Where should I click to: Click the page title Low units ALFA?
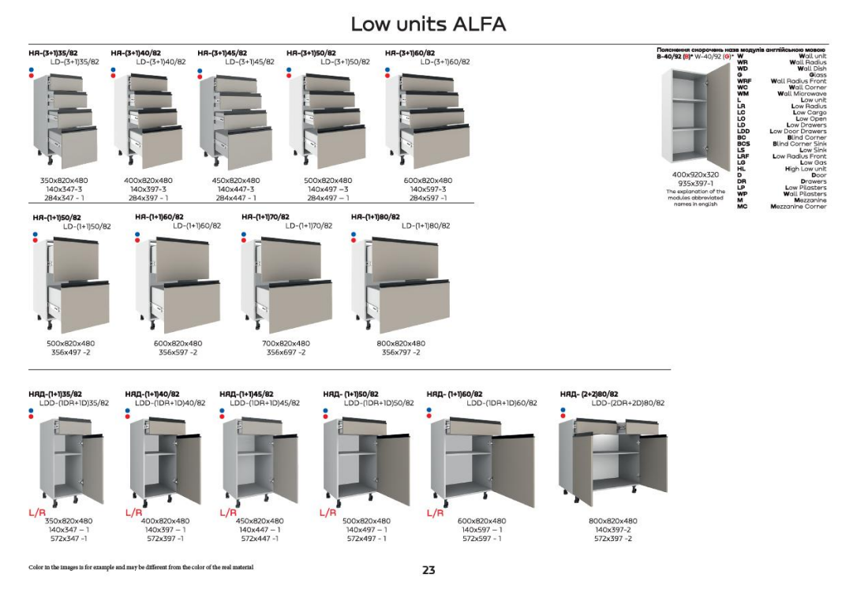pos(428,24)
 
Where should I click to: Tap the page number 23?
pos(428,570)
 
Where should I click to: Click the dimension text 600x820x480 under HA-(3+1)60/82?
pos(428,181)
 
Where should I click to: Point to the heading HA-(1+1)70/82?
pos(265,217)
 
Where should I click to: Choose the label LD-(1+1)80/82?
pos(425,226)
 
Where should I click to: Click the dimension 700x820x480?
pos(286,344)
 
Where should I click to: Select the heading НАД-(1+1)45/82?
pos(246,393)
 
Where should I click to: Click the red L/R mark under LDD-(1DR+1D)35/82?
pos(38,513)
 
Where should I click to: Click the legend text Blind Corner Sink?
pos(799,144)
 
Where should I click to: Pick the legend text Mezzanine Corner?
pos(798,207)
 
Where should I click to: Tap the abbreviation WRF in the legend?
pos(744,81)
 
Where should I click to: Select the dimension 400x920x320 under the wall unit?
pos(695,174)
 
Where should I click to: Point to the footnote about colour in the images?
pos(140,568)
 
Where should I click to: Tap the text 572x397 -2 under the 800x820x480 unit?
pos(613,539)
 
